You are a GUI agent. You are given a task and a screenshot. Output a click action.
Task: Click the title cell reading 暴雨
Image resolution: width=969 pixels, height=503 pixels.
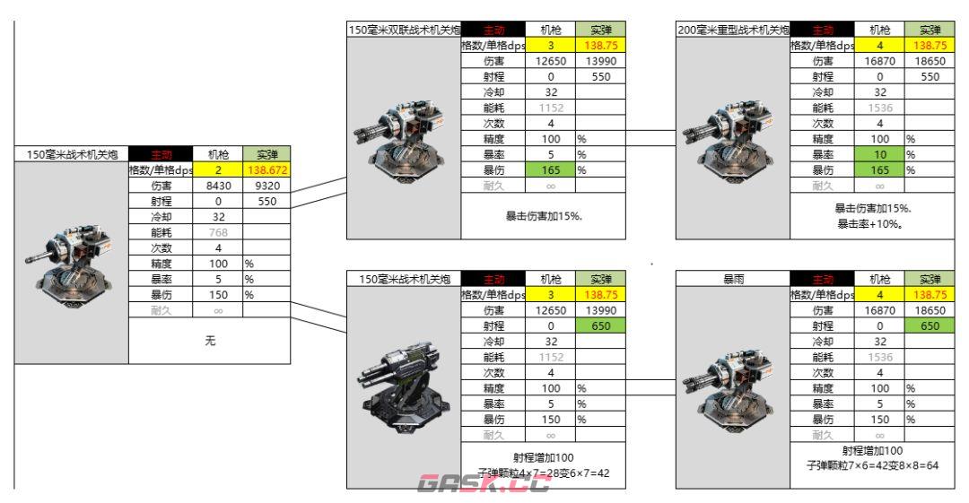[732, 279]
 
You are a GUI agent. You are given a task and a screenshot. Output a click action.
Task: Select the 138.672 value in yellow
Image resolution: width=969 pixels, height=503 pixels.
[266, 170]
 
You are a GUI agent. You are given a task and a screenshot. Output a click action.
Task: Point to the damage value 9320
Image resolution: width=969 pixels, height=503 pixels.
[266, 186]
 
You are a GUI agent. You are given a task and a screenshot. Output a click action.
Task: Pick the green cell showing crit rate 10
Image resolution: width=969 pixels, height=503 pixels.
[879, 153]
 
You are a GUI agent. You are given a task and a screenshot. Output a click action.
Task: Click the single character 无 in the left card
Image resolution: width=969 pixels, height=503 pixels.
[209, 340]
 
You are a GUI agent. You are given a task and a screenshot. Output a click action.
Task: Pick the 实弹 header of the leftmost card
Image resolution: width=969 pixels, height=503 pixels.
[266, 154]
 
